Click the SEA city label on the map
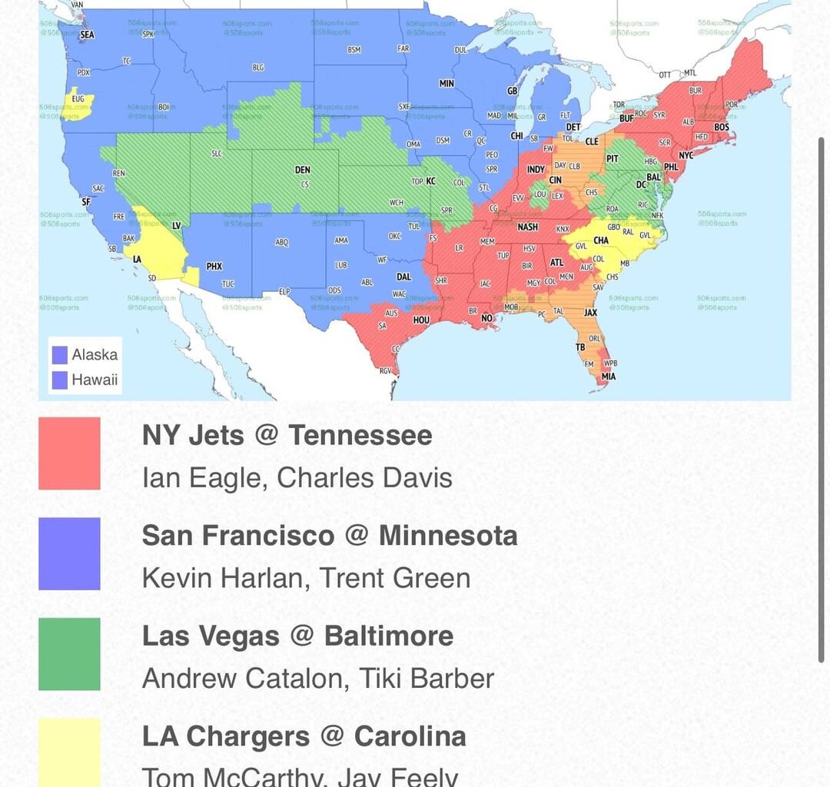(87, 35)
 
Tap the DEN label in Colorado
(303, 170)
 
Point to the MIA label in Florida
(609, 377)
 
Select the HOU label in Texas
(421, 320)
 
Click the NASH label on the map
(528, 227)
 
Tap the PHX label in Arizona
(214, 267)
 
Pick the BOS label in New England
(722, 128)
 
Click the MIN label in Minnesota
(447, 84)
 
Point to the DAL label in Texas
(403, 277)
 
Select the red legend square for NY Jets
(69, 453)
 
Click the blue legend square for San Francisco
(69, 553)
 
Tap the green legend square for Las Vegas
(69, 654)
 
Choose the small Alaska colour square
(59, 355)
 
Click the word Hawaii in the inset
(95, 380)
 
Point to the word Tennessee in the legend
(360, 436)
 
